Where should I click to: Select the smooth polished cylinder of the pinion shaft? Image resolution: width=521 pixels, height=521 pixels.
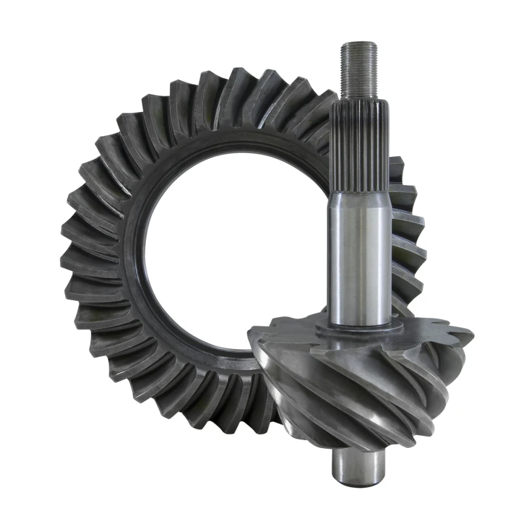coord(359,260)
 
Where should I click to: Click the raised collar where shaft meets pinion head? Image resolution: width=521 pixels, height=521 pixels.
coord(360,330)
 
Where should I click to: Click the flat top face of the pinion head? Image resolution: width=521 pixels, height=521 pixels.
coord(306,332)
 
